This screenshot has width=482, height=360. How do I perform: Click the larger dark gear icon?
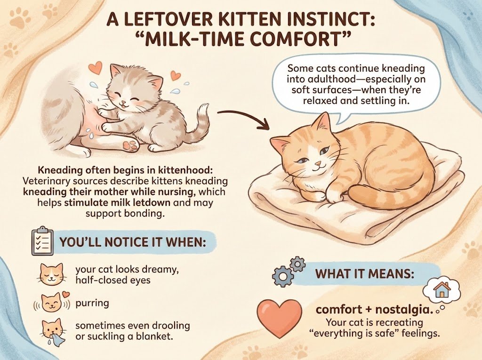(x=283, y=276)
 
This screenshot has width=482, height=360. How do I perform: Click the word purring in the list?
(x=92, y=303)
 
